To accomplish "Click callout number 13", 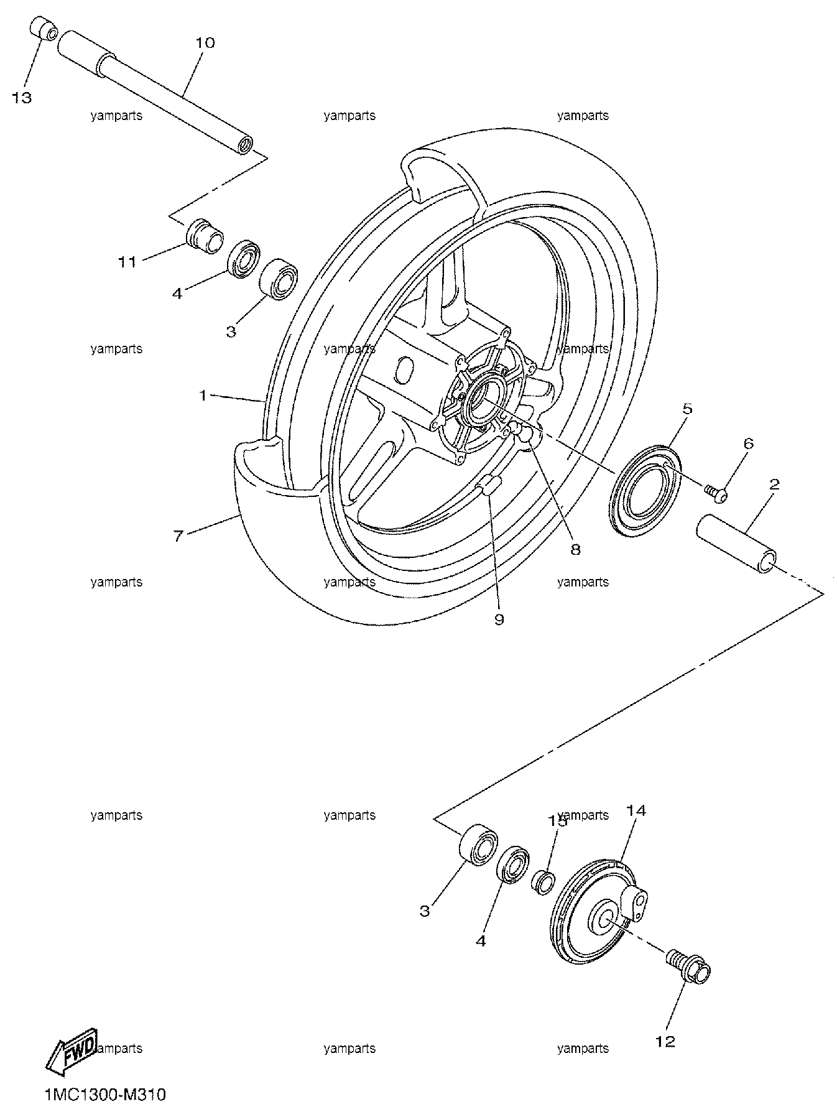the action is [22, 98].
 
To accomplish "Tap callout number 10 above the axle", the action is [205, 43].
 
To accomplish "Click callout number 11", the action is [127, 262].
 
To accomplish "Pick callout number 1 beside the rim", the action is [203, 396].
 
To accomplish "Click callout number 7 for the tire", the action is [178, 535].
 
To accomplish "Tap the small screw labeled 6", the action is [716, 493].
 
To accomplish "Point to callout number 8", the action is [575, 549].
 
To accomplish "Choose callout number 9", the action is [499, 619].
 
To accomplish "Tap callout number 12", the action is [665, 1041].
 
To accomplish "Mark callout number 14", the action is [636, 810].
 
